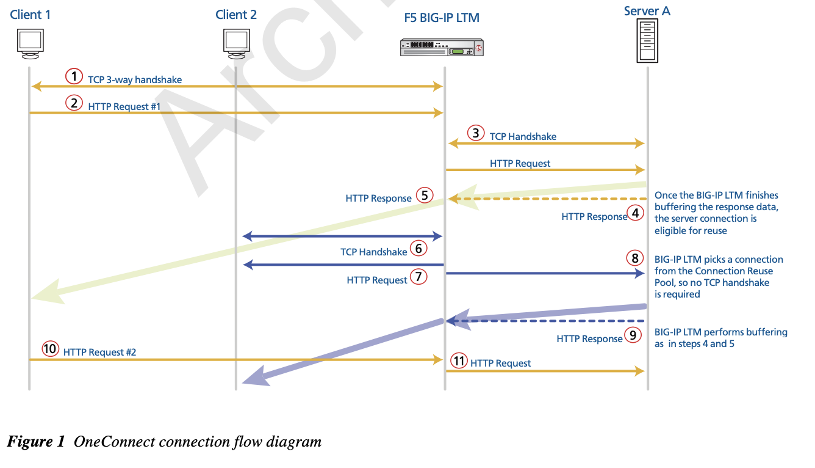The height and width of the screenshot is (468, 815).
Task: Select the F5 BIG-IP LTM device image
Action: coord(441,47)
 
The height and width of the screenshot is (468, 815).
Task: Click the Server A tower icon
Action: coord(647,40)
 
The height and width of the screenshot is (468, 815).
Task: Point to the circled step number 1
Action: coord(74,76)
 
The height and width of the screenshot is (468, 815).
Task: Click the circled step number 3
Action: coord(476,133)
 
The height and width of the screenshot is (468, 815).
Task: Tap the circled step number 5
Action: coord(425,196)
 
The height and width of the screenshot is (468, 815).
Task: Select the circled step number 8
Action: coord(635,258)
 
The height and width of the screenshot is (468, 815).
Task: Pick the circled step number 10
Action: coord(50,349)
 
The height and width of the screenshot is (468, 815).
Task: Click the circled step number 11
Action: coord(459,360)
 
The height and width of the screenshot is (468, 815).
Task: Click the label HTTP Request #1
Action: coord(124,106)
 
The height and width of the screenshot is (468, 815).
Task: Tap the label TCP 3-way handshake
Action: coord(135,79)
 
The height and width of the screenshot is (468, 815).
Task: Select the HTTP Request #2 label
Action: coord(99,352)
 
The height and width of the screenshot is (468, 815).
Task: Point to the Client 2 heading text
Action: coord(236,15)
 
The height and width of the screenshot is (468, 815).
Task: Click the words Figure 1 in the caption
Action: coord(35,441)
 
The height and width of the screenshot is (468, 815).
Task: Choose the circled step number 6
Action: coord(418,248)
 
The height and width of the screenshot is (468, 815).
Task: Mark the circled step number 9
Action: coord(633,335)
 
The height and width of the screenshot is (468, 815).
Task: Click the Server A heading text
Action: coord(647,11)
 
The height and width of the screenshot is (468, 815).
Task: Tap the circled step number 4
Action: coord(636,213)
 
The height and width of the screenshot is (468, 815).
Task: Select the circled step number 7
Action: coord(418,277)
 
